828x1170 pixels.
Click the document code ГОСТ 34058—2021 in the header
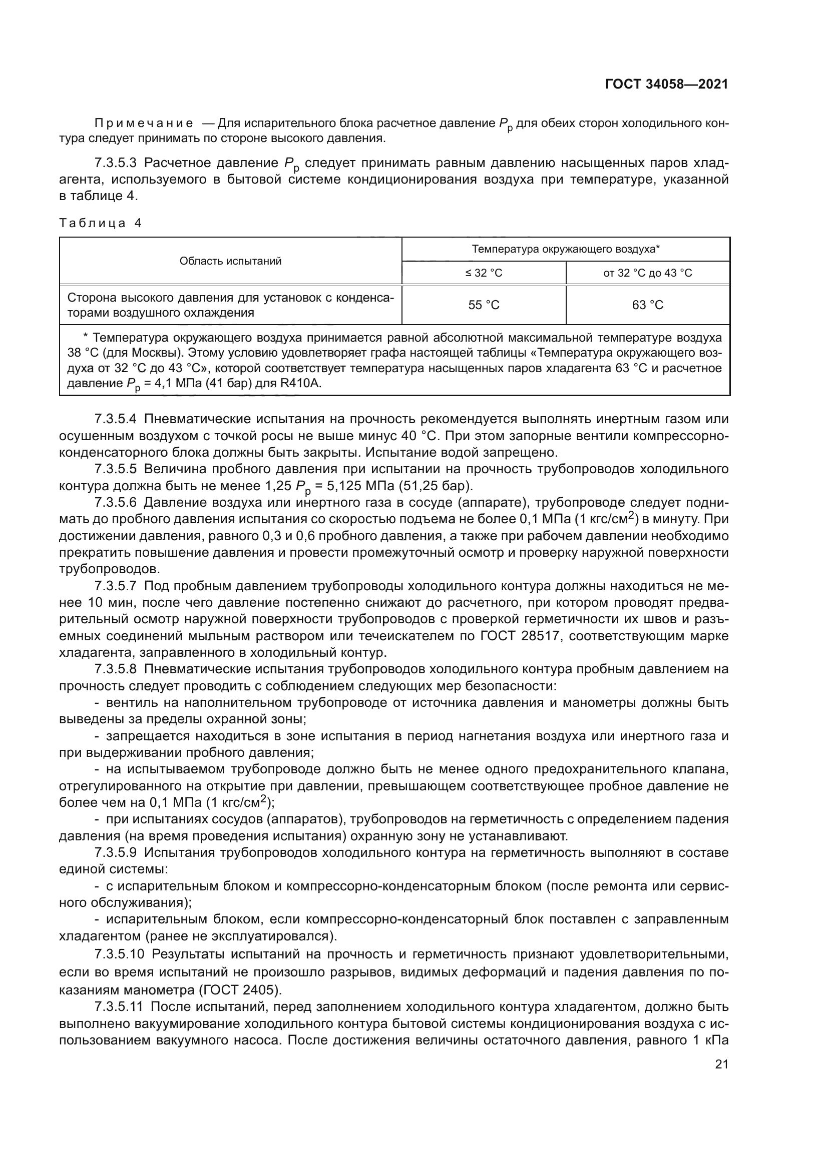point(666,84)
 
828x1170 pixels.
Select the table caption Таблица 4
point(101,223)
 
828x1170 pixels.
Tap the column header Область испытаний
point(230,261)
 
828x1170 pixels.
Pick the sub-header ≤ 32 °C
point(484,273)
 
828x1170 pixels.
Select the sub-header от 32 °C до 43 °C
point(647,273)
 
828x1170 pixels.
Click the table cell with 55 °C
point(484,305)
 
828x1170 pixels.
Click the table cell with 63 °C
point(647,305)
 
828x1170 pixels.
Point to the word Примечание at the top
point(144,124)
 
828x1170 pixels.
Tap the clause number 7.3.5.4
point(116,419)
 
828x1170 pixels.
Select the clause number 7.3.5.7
point(116,587)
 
